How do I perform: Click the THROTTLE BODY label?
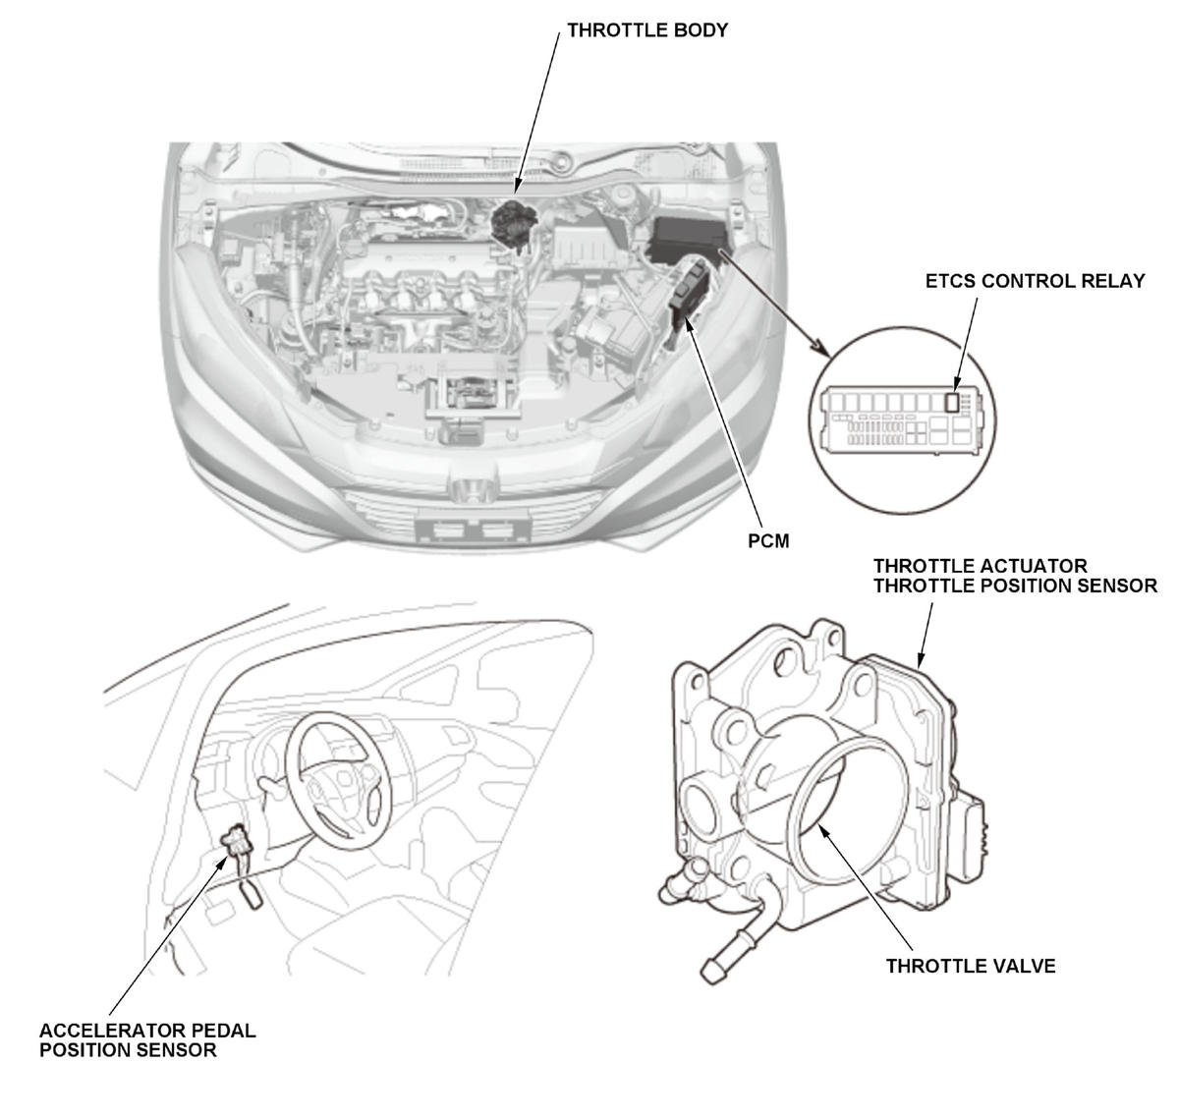click(x=647, y=30)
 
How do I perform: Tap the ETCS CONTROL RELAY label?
click(x=1035, y=281)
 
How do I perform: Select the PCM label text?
click(x=767, y=540)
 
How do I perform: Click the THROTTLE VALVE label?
click(x=970, y=966)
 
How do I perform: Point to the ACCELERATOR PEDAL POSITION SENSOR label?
click(x=147, y=1040)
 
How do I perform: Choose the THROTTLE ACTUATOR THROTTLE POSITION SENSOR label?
click(x=1015, y=577)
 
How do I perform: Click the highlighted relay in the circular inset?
click(x=951, y=401)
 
